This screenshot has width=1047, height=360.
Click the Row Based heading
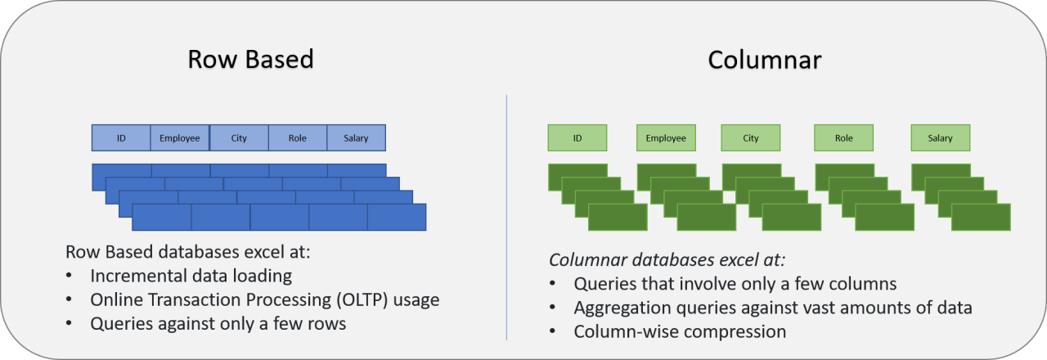(x=250, y=60)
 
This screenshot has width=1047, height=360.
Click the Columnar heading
(x=765, y=60)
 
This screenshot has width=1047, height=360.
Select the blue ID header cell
(x=121, y=138)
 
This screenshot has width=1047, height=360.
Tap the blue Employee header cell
(x=180, y=138)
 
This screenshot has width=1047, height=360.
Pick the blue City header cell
(x=239, y=138)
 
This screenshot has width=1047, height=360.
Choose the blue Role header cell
(x=298, y=138)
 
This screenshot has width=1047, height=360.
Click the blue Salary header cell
(x=357, y=138)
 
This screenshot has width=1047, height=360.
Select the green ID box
(x=577, y=138)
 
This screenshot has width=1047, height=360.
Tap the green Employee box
(x=666, y=138)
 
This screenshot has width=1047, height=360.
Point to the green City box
(x=751, y=138)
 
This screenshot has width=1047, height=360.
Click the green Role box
(x=844, y=138)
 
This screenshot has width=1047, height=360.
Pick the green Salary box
(x=941, y=138)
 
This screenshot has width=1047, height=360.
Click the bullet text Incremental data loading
(x=191, y=276)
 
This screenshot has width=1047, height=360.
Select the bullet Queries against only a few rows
(x=218, y=323)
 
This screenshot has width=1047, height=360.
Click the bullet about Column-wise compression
(x=680, y=331)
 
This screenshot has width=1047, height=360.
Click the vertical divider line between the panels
(x=507, y=217)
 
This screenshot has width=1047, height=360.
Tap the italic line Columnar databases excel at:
(x=667, y=260)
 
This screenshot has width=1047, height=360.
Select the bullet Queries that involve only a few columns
(x=735, y=284)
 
